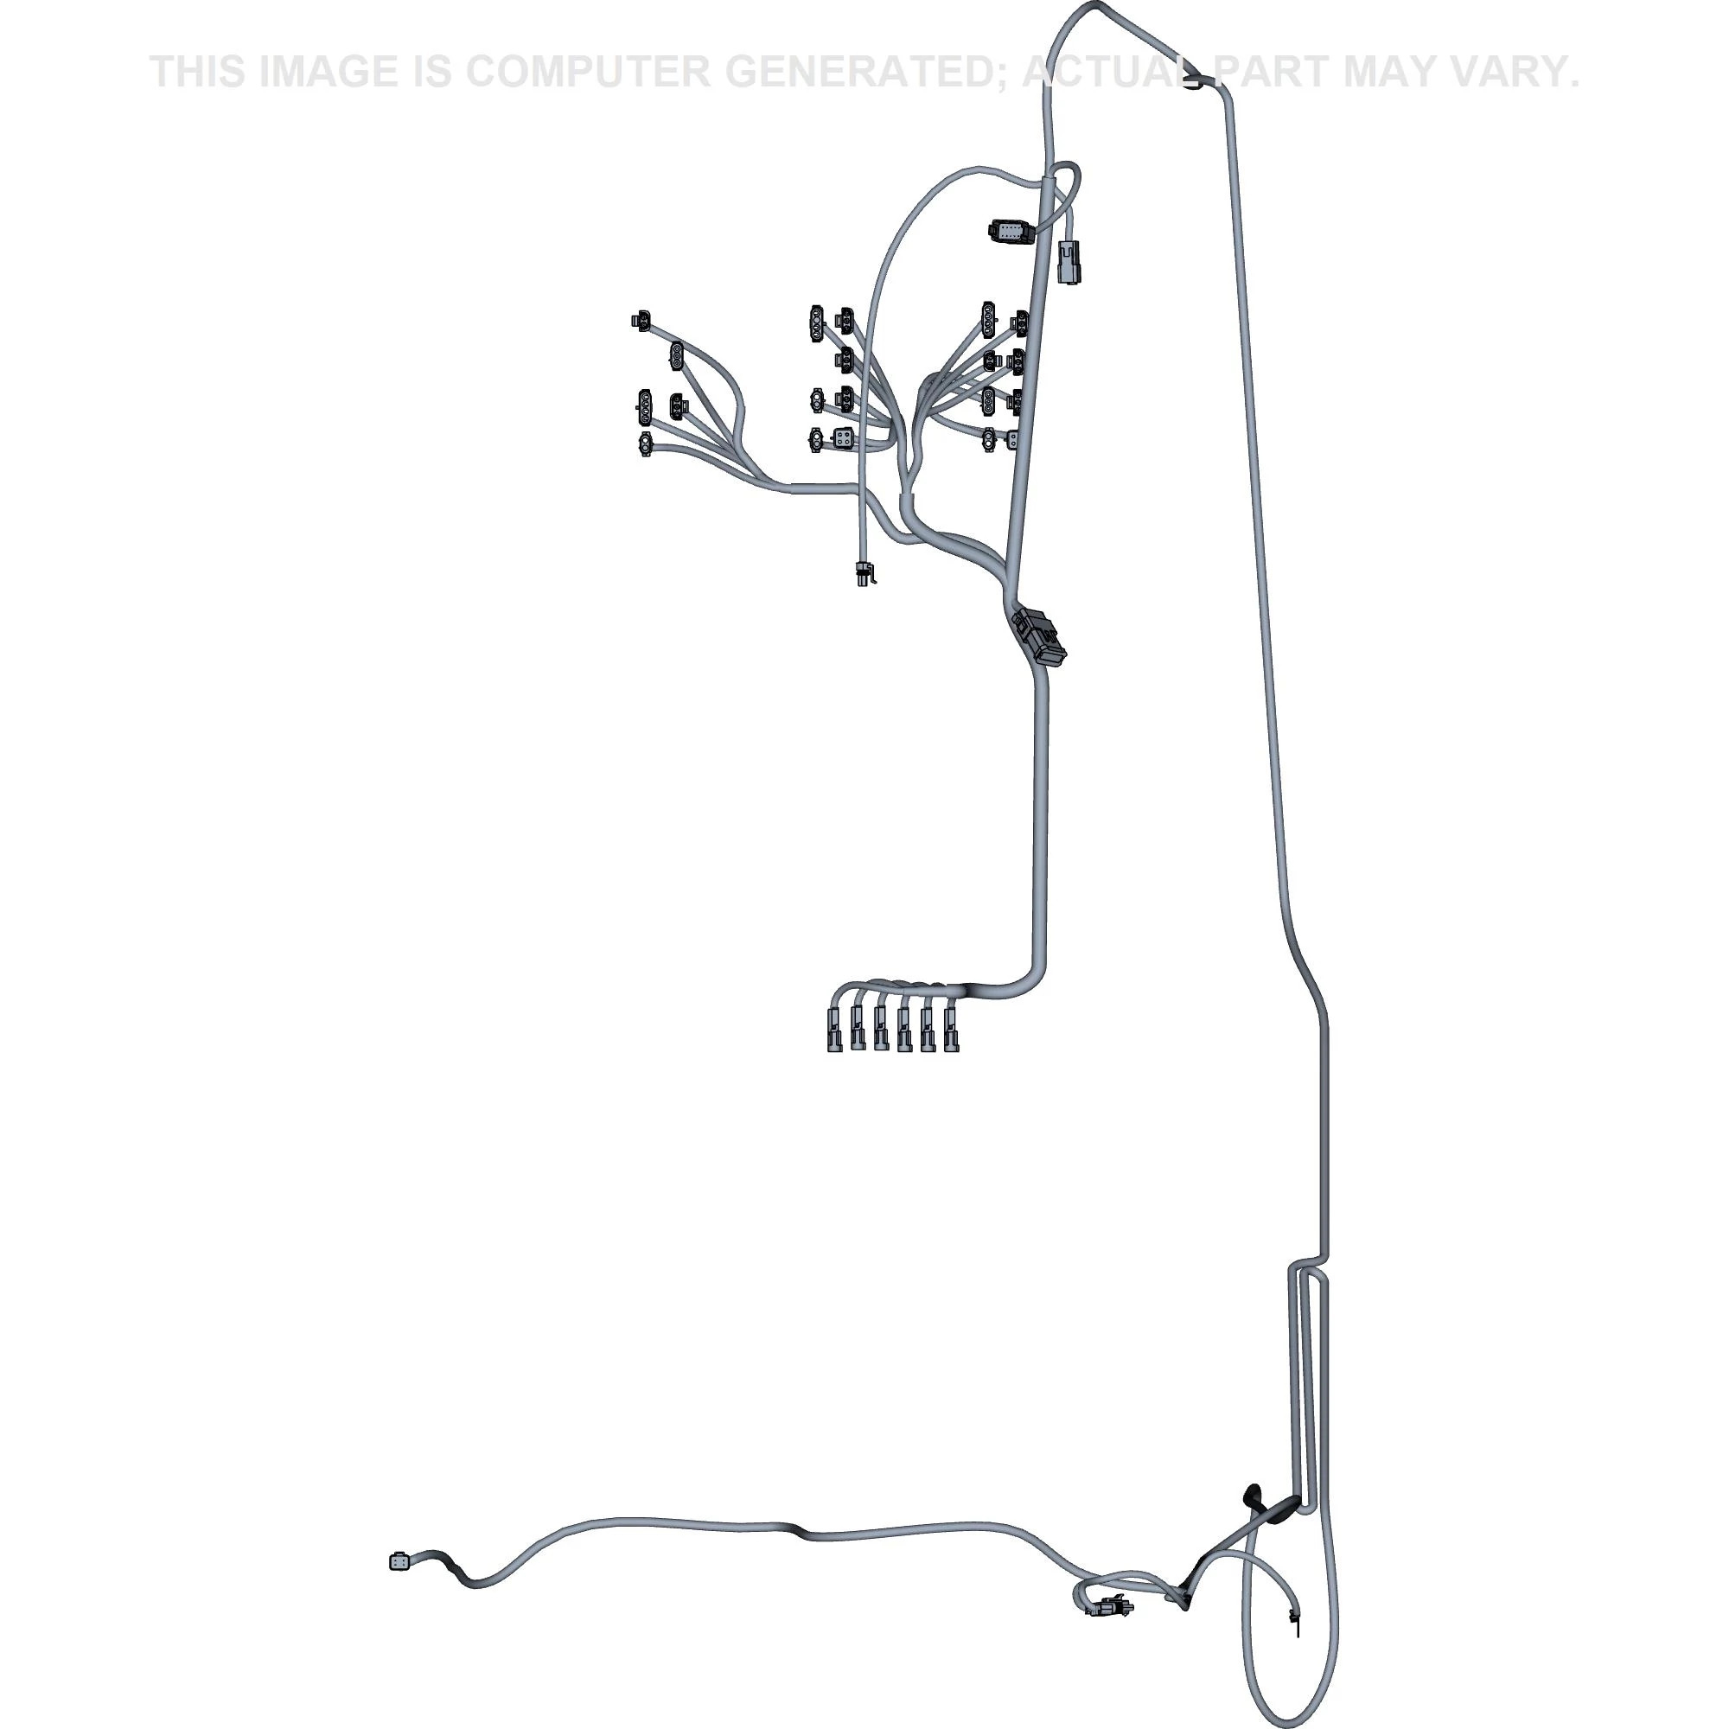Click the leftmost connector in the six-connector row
tap(835, 1028)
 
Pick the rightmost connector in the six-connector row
tap(950, 1028)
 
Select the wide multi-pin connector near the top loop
tap(1011, 232)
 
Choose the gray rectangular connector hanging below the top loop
tap(1069, 261)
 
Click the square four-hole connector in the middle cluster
tap(842, 438)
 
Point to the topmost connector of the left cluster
tap(641, 320)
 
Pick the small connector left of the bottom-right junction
tap(1110, 1607)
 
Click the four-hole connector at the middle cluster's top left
tap(816, 324)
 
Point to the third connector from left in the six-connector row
tap(882, 1028)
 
